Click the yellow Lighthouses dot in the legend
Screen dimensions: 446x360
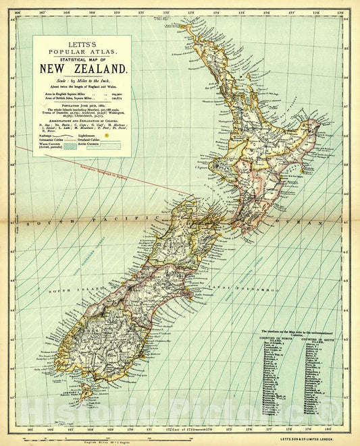[106, 154]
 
